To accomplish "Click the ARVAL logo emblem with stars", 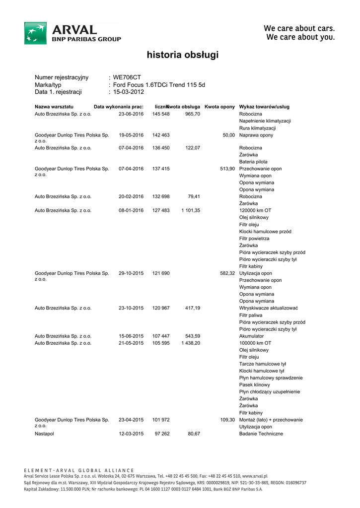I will pyautogui.click(x=36, y=33).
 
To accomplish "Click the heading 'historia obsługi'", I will pyautogui.click(x=182, y=55).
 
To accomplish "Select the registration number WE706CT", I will pyautogui.click(x=127, y=77).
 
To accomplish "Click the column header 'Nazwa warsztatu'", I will pyautogui.click(x=54, y=107).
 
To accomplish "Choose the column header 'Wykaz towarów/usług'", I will pyautogui.click(x=264, y=107).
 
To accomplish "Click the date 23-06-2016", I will pyautogui.click(x=131, y=114).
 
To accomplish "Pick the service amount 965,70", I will pyautogui.click(x=193, y=114).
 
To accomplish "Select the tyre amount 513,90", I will pyautogui.click(x=227, y=169).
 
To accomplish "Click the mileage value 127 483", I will pyautogui.click(x=161, y=210).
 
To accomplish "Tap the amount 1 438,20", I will pyautogui.click(x=191, y=343).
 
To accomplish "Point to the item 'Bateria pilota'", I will pyautogui.click(x=253, y=162).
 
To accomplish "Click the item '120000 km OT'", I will pyautogui.click(x=255, y=210).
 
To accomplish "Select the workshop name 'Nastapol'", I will pyautogui.click(x=44, y=434).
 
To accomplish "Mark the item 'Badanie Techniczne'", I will pyautogui.click(x=261, y=434).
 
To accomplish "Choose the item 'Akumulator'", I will pyautogui.click(x=252, y=336).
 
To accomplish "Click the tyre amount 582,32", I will pyautogui.click(x=227, y=273).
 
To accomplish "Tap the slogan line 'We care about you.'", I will pyautogui.click(x=300, y=37).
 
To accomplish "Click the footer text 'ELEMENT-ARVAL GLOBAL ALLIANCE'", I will pyautogui.click(x=79, y=470).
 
